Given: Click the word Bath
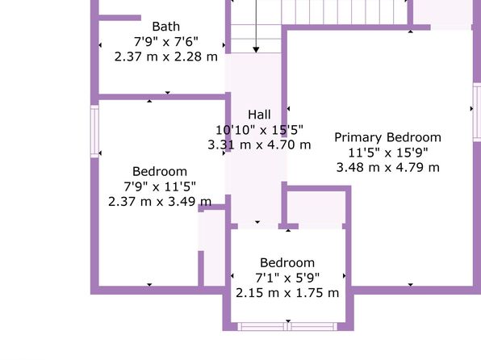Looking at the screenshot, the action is (166, 27).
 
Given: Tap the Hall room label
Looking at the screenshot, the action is (259, 115).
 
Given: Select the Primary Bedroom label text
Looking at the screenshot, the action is (387, 137).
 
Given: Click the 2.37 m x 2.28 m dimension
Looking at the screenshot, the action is (166, 57).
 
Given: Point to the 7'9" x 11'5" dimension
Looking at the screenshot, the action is (160, 186).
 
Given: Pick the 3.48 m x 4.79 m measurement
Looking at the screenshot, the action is (387, 168).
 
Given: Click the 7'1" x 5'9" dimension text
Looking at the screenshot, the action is (287, 278).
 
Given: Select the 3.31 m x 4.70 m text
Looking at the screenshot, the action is (259, 144).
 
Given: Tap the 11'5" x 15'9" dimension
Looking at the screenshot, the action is (387, 153).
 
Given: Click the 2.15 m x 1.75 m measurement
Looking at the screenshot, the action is (287, 293).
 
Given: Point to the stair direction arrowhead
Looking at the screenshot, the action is (256, 50).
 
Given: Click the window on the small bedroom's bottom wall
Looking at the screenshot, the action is (287, 327).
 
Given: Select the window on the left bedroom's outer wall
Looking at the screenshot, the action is (94, 132).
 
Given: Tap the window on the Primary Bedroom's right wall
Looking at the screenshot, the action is (477, 111).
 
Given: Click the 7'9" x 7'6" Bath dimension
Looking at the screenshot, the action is (166, 42).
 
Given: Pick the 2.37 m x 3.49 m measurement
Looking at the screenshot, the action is (160, 202).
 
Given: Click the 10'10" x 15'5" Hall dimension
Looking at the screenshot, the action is (259, 130).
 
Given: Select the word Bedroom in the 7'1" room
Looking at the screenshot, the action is (287, 263).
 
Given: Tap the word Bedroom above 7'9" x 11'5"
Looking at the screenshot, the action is (160, 172).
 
